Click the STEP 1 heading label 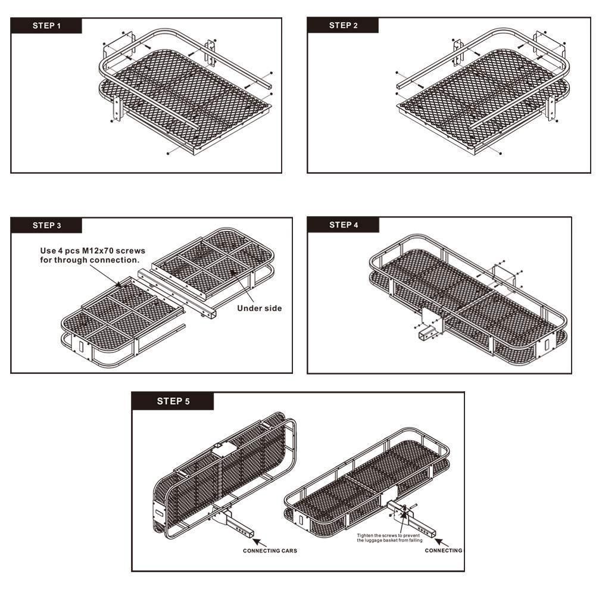pyautogui.click(x=46, y=26)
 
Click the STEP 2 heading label pyautogui.click(x=343, y=26)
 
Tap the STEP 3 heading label pyautogui.click(x=47, y=226)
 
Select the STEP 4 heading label pyautogui.click(x=344, y=225)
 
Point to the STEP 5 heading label pyautogui.click(x=173, y=401)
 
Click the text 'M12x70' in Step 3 pyautogui.click(x=98, y=251)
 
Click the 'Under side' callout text pyautogui.click(x=260, y=308)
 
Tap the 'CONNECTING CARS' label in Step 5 pyautogui.click(x=270, y=550)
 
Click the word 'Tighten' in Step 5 pyautogui.click(x=365, y=535)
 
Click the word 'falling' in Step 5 pyautogui.click(x=416, y=540)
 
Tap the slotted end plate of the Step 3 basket pyautogui.click(x=82, y=347)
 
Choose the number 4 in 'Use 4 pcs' pyautogui.click(x=61, y=251)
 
